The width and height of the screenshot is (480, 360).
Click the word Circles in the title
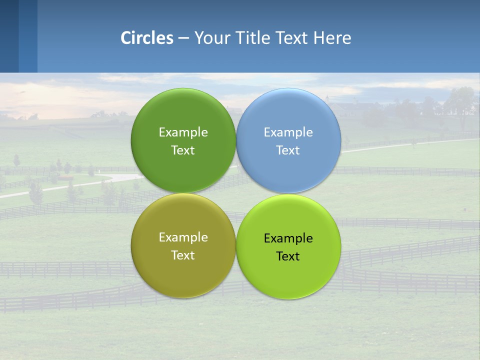pyautogui.click(x=147, y=38)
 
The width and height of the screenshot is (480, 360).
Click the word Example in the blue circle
pyautogui.click(x=288, y=132)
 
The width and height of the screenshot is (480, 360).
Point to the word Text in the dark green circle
pyautogui.click(x=183, y=150)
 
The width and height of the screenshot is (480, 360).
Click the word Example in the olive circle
pyautogui.click(x=183, y=237)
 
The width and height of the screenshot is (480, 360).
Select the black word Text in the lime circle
pyautogui.click(x=288, y=256)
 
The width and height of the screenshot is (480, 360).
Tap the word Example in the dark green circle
pyautogui.click(x=183, y=132)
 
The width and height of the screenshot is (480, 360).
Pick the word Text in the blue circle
pyautogui.click(x=288, y=150)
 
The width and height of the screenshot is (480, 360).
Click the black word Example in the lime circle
pyautogui.click(x=288, y=238)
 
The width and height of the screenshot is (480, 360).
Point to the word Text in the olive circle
pyautogui.click(x=183, y=255)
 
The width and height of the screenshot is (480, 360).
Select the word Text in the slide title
pyautogui.click(x=293, y=38)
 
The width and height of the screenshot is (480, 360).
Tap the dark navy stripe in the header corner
pyautogui.click(x=9, y=36)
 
